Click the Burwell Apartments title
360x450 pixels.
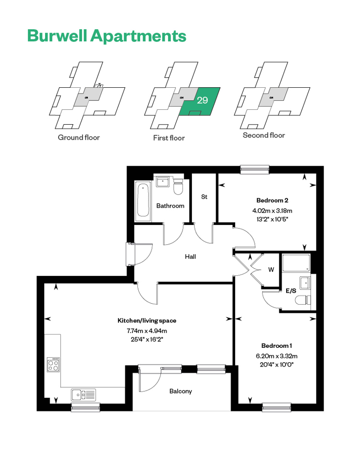coord(107,36)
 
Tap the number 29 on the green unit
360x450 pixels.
coord(203,100)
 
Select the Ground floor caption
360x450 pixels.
coord(79,138)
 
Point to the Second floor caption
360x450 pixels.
coord(264,135)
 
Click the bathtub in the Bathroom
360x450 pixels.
coord(143,201)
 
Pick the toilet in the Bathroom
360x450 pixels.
coord(178,187)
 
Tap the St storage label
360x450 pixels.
coord(204,197)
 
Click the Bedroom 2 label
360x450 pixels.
coord(272,201)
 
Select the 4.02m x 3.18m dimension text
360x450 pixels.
coord(272,211)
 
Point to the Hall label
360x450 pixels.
coord(191,257)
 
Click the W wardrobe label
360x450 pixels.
coord(271,270)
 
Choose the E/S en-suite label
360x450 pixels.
coord(291,291)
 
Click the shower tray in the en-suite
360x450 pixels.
coord(296,262)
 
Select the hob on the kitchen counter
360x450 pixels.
coord(53,365)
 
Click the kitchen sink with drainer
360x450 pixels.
coord(83,395)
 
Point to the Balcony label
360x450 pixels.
coord(180,391)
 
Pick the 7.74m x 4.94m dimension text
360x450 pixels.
coord(147,331)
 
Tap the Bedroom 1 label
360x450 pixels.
coord(276,345)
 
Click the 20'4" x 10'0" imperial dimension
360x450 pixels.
coord(276,365)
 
